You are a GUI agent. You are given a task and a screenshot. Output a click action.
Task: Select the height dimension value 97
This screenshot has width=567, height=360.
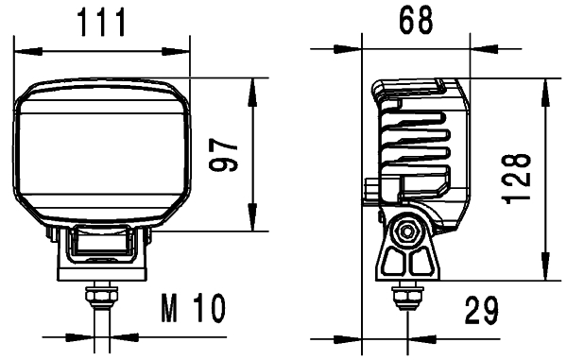(x=223, y=154)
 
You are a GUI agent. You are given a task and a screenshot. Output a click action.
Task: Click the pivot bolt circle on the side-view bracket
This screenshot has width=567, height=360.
(x=408, y=230)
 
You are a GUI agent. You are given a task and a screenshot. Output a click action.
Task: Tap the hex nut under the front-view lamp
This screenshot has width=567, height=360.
(x=98, y=296)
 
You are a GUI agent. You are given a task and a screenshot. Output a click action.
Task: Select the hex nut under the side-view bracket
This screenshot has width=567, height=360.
(x=406, y=297)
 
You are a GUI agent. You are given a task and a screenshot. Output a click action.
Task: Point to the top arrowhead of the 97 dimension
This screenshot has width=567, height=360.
(x=252, y=85)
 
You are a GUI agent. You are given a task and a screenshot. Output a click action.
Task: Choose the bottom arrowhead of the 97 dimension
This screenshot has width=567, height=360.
(x=252, y=222)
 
